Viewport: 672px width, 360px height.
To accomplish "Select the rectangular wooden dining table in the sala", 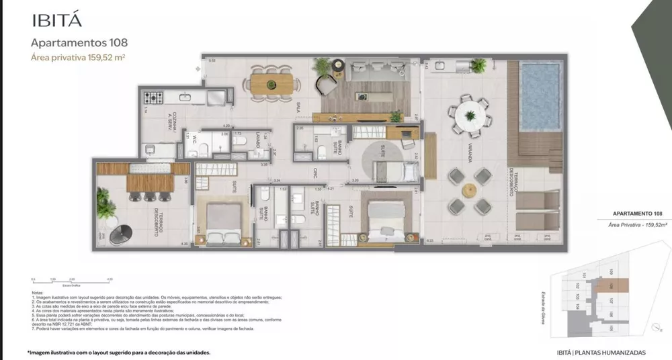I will pos(272,84).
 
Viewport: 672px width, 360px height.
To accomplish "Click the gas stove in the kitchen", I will pos(153,98).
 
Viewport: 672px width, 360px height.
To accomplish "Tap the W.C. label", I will pos(193,140).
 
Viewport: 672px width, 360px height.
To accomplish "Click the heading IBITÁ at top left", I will pos(57,20).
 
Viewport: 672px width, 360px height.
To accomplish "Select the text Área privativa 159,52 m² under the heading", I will pos(79,58).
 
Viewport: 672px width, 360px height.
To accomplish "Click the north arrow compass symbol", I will pos(657,327).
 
